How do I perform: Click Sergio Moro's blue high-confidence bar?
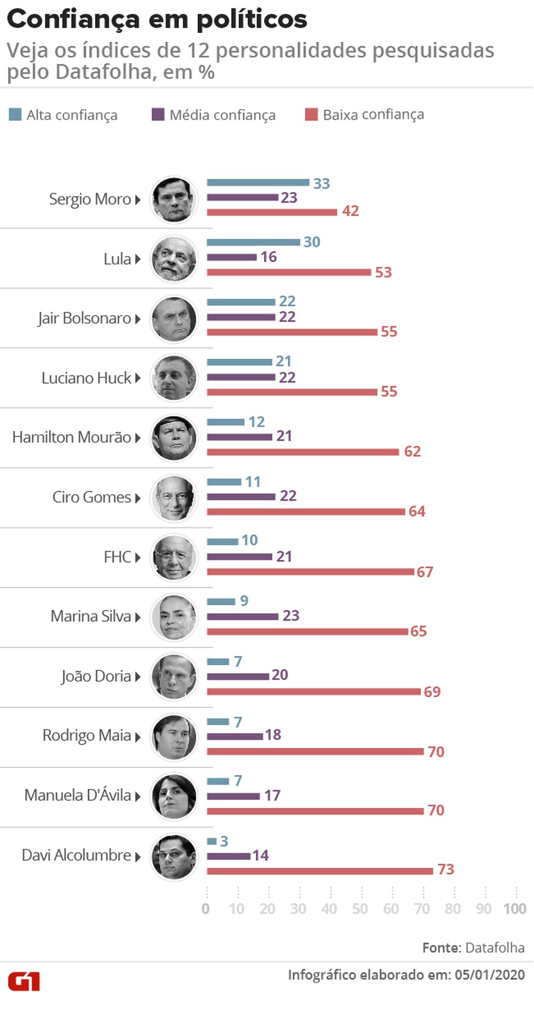click(x=258, y=183)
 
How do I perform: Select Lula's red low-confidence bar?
click(x=288, y=273)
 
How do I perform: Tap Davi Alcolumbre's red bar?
click(x=320, y=871)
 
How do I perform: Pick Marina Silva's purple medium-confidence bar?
click(x=242, y=616)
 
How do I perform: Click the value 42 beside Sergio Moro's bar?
click(x=350, y=211)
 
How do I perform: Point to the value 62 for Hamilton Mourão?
click(x=412, y=452)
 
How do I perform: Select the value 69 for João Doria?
click(x=432, y=692)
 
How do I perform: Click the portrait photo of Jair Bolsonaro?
click(x=174, y=319)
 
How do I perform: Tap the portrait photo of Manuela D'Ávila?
click(x=174, y=796)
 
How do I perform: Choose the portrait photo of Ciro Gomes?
click(x=174, y=498)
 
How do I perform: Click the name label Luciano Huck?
click(x=87, y=378)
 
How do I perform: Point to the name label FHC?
click(x=117, y=557)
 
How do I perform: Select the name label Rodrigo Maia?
click(x=87, y=736)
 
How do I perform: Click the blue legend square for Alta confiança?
click(x=15, y=114)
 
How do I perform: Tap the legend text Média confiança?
click(x=222, y=115)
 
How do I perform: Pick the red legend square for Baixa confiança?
click(x=311, y=114)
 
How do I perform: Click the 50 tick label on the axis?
click(x=360, y=909)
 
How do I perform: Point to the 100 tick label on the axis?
click(x=515, y=909)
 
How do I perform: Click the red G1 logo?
click(x=24, y=982)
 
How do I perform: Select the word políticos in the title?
click(x=252, y=20)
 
